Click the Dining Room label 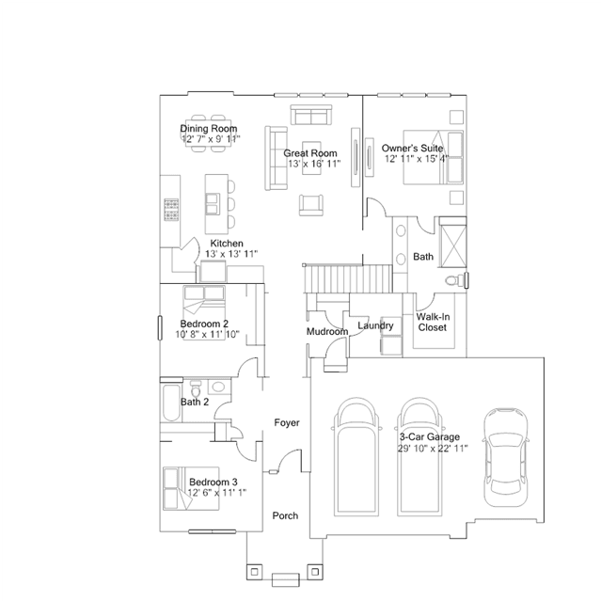tap(209, 129)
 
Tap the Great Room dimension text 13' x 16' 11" tap(314, 164)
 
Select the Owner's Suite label tap(412, 148)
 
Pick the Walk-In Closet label tap(433, 322)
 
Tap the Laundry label tap(375, 325)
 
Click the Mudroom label tap(327, 332)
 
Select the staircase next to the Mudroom tap(348, 279)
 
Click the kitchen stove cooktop tap(171, 210)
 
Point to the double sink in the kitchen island tap(212, 203)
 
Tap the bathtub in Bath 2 tap(171, 403)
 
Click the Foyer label tap(287, 422)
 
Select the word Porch tap(285, 515)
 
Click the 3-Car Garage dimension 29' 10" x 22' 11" tap(433, 448)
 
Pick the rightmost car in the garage tap(505, 457)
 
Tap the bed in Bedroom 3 tap(191, 489)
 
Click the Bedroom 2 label tap(204, 324)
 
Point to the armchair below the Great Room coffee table tap(311, 205)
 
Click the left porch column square tap(255, 572)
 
